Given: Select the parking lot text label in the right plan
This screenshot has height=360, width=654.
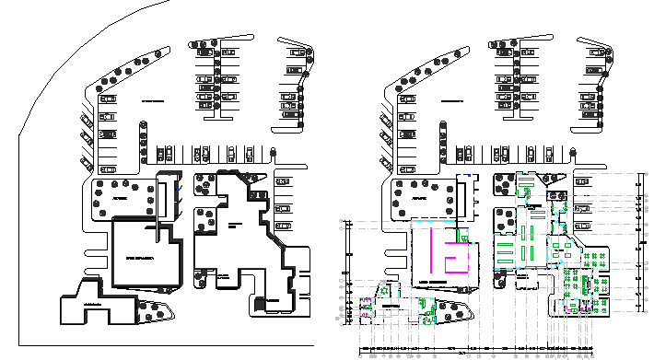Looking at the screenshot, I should (x=451, y=99).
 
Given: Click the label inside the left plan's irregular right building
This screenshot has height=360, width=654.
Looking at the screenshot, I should (x=235, y=225).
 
